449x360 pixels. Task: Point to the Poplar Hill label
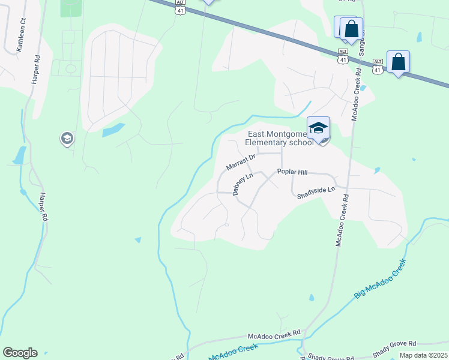pyautogui.click(x=292, y=172)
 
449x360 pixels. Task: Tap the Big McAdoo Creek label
pyautogui.click(x=379, y=277)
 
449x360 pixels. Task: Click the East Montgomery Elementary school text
pyautogui.click(x=279, y=139)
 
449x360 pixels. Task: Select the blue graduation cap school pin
pyautogui.click(x=318, y=128)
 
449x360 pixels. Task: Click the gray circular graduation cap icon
pyautogui.click(x=67, y=139)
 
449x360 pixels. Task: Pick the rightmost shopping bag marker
pyautogui.click(x=398, y=61)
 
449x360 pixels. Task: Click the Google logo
pyautogui.click(x=20, y=353)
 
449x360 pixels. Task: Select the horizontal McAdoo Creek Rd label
pyautogui.click(x=274, y=334)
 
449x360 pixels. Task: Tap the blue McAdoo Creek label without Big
pyautogui.click(x=234, y=353)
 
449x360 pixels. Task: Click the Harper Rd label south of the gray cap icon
pyautogui.click(x=42, y=206)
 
